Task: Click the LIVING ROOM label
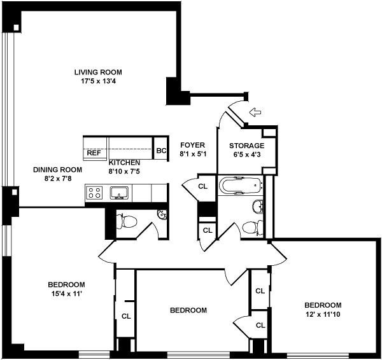(97, 72)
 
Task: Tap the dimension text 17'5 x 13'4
(97, 81)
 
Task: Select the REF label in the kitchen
(94, 153)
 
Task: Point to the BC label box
(161, 151)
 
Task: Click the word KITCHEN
(124, 163)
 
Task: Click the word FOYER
(192, 145)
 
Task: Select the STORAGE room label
(247, 146)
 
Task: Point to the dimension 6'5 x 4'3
(247, 155)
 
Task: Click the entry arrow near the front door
(255, 113)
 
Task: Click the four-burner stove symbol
(95, 192)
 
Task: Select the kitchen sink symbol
(119, 192)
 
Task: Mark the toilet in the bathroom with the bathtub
(252, 226)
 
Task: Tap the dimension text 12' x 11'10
(322, 314)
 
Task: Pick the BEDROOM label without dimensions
(188, 310)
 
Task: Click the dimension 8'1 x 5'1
(192, 154)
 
